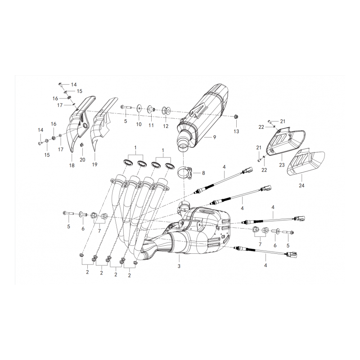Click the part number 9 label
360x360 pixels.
pyautogui.click(x=215, y=137)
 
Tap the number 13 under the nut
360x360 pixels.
pyautogui.click(x=236, y=131)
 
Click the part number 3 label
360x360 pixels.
pyautogui.click(x=179, y=266)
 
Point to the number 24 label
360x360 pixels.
pyautogui.click(x=301, y=185)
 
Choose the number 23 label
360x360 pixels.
pyautogui.click(x=282, y=165)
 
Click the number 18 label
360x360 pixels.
pyautogui.click(x=72, y=165)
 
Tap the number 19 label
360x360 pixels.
pyautogui.click(x=94, y=165)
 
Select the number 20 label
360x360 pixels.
pyautogui.click(x=82, y=160)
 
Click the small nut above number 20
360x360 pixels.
pyautogui.click(x=81, y=145)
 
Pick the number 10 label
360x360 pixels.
pyautogui.click(x=139, y=124)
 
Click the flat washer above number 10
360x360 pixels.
pyautogui.click(x=139, y=108)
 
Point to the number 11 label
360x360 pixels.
pyautogui.click(x=151, y=126)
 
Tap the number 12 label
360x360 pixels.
pyautogui.click(x=166, y=126)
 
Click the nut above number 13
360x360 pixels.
pyautogui.click(x=236, y=117)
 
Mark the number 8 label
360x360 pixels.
pyautogui.click(x=203, y=173)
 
